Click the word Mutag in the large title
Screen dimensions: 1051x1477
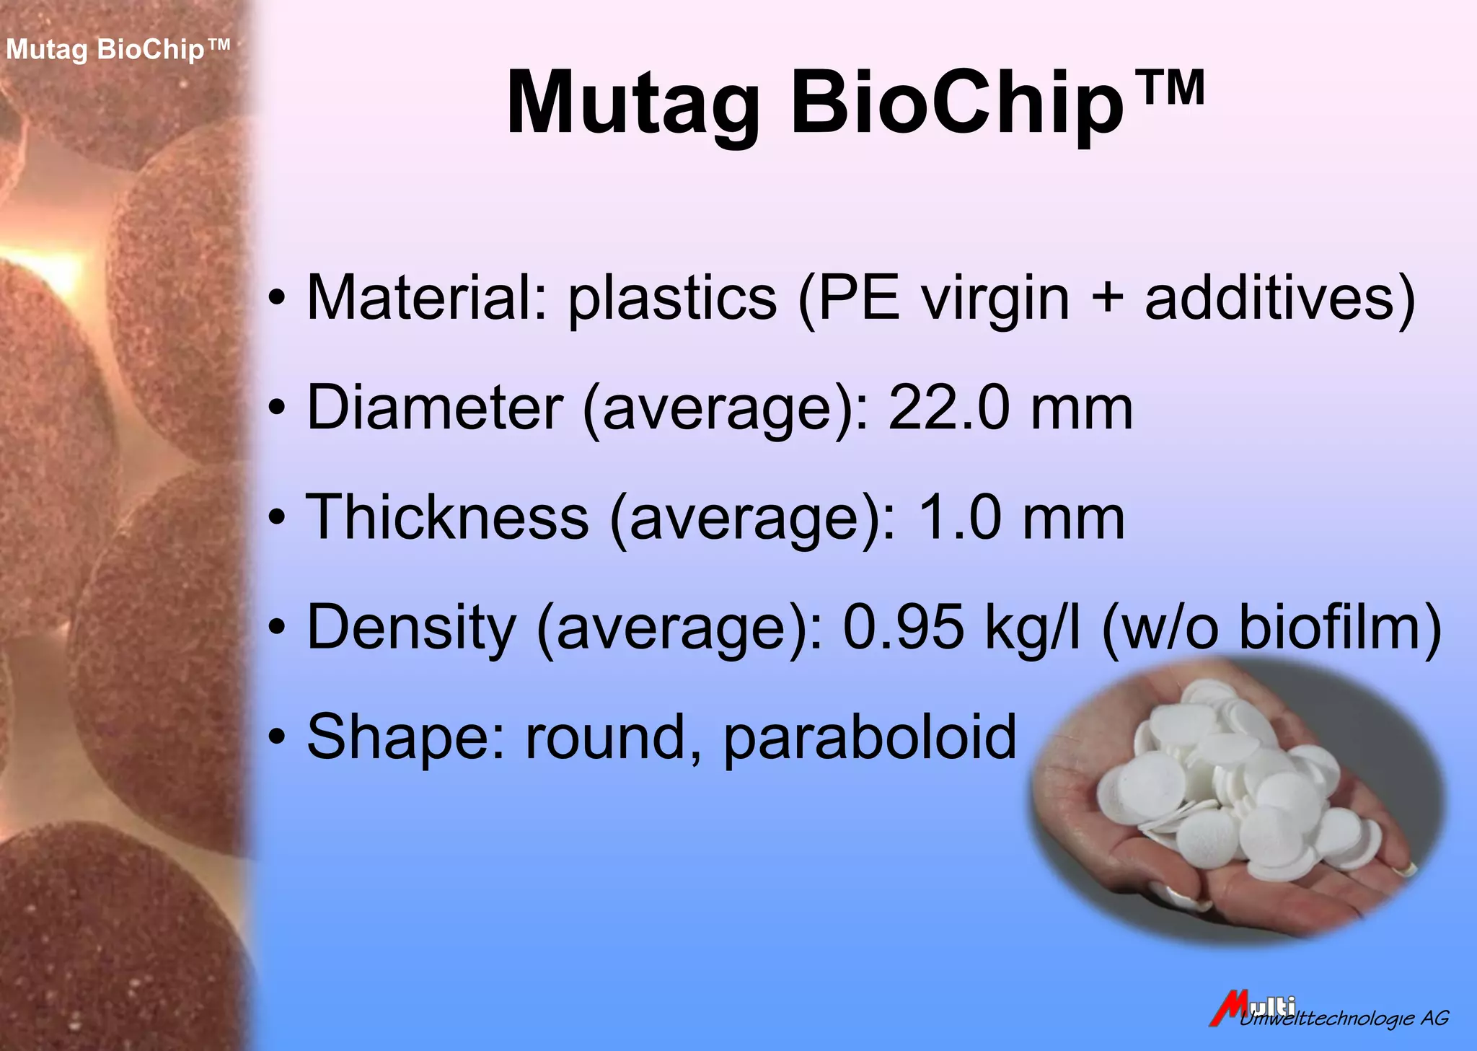[x=633, y=105]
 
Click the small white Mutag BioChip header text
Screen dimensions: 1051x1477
[x=118, y=50]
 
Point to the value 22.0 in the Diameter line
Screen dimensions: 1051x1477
[x=948, y=408]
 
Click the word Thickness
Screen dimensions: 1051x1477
[x=447, y=517]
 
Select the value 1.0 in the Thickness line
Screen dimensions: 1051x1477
[x=959, y=517]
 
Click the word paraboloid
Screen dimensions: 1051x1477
[x=869, y=737]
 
